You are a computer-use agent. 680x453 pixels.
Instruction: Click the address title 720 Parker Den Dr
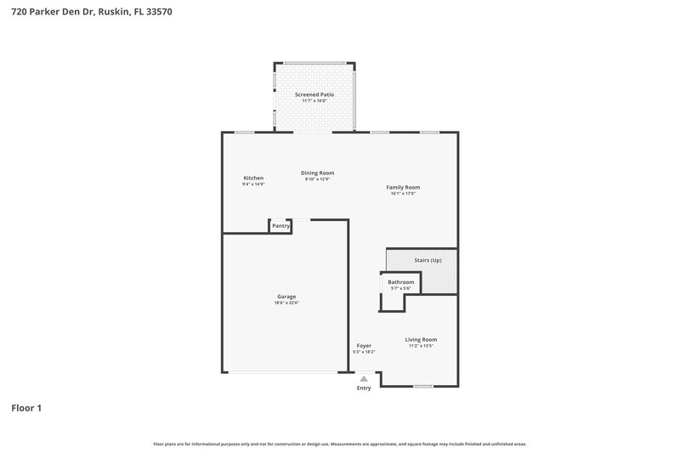click(x=87, y=12)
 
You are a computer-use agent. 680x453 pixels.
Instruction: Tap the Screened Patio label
click(x=314, y=94)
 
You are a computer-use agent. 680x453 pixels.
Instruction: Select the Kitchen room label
click(x=253, y=178)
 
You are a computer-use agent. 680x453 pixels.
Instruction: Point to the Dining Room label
click(x=317, y=173)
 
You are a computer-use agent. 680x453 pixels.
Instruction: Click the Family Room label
click(x=403, y=187)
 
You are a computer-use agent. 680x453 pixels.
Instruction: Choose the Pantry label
click(x=280, y=226)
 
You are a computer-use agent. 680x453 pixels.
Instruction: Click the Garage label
click(x=286, y=297)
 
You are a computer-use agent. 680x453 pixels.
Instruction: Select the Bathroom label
click(x=400, y=282)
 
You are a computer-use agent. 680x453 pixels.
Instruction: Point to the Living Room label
click(x=421, y=339)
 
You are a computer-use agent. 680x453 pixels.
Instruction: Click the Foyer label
click(x=364, y=346)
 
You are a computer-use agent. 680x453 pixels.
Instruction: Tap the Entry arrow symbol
click(x=364, y=379)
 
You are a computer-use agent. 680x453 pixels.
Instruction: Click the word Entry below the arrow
click(x=364, y=388)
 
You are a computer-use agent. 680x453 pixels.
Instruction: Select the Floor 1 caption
click(x=26, y=408)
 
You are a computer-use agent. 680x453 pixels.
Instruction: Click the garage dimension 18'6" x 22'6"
click(x=286, y=303)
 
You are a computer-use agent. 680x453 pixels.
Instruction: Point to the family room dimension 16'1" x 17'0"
click(x=403, y=194)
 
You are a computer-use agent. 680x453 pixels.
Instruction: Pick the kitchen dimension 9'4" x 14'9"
click(x=253, y=184)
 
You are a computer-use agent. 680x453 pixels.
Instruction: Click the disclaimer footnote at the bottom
click(x=340, y=444)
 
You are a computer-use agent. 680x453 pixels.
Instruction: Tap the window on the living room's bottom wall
click(x=423, y=387)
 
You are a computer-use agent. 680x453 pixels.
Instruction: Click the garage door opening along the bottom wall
click(x=286, y=372)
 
